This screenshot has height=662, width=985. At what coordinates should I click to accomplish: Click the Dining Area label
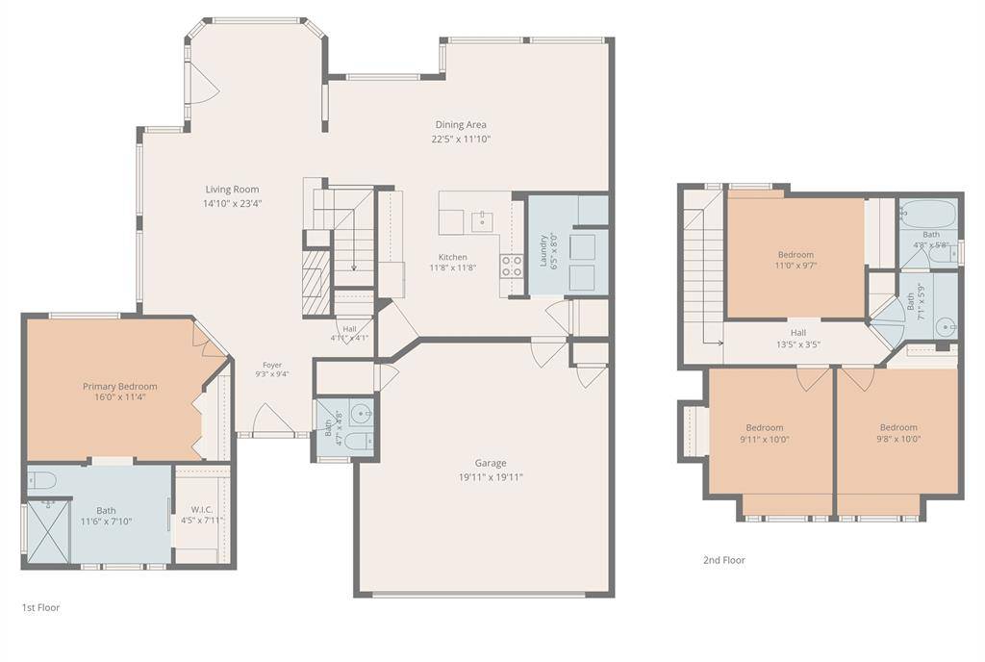coord(461,124)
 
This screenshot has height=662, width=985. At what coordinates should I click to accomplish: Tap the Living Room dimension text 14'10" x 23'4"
coord(232,203)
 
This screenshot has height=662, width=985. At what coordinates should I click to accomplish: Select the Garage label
coord(490,463)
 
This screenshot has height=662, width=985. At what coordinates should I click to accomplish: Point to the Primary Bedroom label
coord(120,386)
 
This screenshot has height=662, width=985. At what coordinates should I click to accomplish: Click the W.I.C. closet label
coord(201,510)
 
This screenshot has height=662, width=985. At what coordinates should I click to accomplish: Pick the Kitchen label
coord(452,257)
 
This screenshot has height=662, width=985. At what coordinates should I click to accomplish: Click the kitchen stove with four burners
coord(512,267)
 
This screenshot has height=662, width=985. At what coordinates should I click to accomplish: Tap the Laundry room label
coord(544,251)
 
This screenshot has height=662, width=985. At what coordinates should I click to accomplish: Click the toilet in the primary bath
coord(42,480)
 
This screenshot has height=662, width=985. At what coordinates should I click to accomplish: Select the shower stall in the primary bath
coord(48,531)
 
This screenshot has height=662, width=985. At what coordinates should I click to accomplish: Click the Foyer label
coord(272,365)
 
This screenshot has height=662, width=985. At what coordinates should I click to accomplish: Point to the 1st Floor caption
coord(40,607)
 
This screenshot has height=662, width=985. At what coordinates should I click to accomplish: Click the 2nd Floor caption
coord(723,560)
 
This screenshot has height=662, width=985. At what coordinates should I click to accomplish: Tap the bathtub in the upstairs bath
coord(928,215)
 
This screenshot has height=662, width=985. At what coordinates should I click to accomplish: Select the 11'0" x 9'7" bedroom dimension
coord(796,265)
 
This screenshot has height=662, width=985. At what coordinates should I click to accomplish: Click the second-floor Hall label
coord(798,332)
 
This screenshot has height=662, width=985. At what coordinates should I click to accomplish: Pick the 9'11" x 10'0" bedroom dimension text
coord(765,439)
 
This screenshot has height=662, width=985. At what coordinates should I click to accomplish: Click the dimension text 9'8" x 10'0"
coord(898,439)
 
